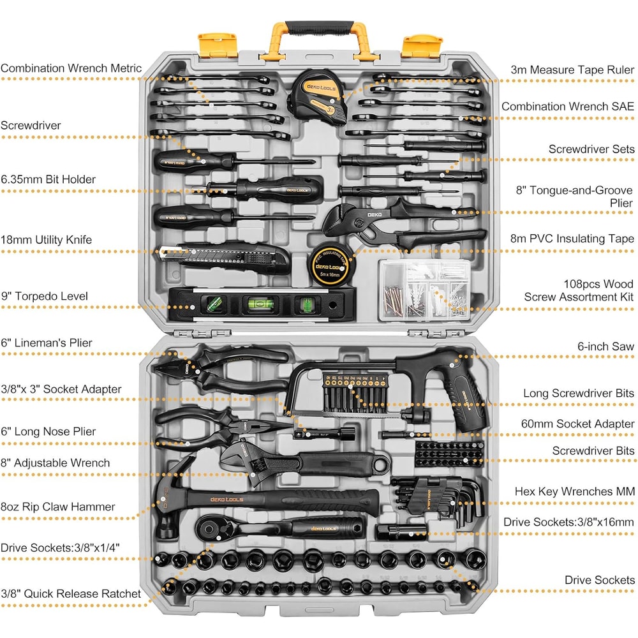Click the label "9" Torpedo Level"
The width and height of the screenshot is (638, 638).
pyautogui.click(x=44, y=296)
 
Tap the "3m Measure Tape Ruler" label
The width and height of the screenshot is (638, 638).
pyautogui.click(x=572, y=70)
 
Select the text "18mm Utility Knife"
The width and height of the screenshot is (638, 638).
pyautogui.click(x=46, y=240)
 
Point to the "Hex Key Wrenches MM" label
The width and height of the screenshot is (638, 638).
pyautogui.click(x=575, y=491)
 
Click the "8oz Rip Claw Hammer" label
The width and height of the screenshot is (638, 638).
pyautogui.click(x=58, y=507)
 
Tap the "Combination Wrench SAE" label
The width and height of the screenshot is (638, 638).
pyautogui.click(x=568, y=107)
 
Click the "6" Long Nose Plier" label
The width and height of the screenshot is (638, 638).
pyautogui.click(x=48, y=431)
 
